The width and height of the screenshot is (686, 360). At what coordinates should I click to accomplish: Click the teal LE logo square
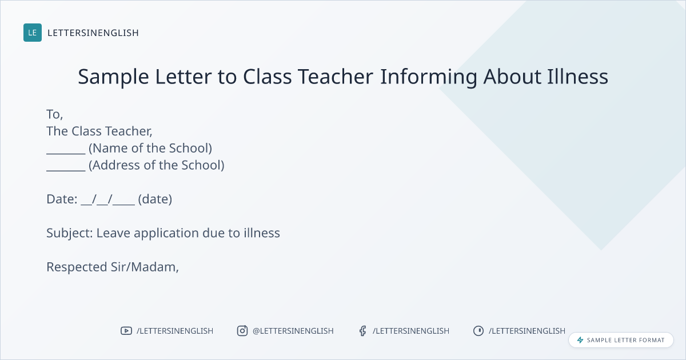click(33, 33)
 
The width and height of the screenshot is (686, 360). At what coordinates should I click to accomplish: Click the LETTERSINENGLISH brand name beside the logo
click(93, 33)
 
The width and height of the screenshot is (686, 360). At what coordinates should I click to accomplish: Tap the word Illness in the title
click(577, 76)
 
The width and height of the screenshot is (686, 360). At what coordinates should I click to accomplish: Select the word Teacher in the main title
click(336, 76)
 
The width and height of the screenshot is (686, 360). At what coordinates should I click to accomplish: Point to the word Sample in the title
click(113, 77)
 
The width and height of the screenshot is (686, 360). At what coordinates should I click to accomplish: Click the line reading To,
click(54, 114)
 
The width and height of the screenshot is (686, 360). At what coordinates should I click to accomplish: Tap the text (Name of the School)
click(150, 149)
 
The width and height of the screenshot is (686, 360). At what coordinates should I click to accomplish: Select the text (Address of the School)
click(157, 165)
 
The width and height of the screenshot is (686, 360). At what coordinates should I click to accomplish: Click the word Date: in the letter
click(62, 199)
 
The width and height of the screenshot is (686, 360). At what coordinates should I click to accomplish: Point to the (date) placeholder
click(155, 199)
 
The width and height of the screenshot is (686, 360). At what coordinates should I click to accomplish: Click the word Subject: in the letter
click(70, 234)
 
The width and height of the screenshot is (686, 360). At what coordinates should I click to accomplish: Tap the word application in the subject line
click(166, 234)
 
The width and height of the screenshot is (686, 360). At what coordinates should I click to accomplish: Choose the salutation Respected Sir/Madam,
click(113, 267)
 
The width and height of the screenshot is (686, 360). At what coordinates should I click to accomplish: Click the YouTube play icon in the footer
click(126, 331)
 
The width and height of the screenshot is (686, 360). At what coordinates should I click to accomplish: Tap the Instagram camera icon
click(242, 331)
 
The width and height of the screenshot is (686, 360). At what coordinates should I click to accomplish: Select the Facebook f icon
click(362, 331)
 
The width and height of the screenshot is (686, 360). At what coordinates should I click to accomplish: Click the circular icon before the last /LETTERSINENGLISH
click(478, 331)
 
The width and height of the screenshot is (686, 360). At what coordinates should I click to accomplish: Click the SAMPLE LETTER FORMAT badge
click(621, 340)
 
